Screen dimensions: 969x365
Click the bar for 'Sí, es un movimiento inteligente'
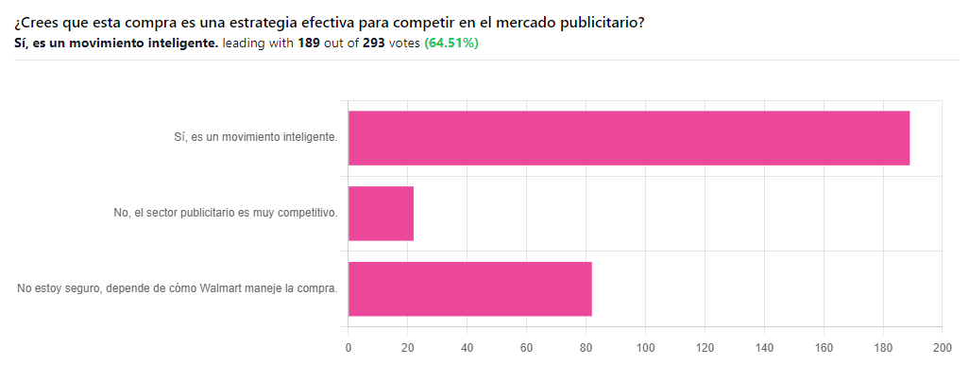point(629,138)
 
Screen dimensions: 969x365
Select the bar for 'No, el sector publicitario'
point(381,214)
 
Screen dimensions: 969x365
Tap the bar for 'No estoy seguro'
point(470,289)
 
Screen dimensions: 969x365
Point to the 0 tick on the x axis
point(348,348)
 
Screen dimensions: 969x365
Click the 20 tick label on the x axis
point(408,348)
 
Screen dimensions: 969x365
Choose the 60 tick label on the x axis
point(526,348)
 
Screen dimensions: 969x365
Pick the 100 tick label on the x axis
point(645,348)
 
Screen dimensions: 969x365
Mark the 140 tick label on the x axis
point(764,348)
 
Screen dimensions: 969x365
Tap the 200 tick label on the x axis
point(942,348)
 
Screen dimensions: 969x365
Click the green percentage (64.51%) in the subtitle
point(451,43)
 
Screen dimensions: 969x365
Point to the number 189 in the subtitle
point(309,43)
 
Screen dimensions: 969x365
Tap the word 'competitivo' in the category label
point(314,214)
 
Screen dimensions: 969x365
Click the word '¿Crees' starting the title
point(32,24)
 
